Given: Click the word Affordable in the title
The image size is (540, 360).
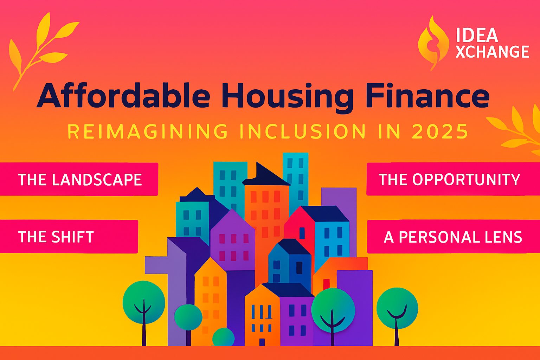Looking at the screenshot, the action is [x=123, y=95].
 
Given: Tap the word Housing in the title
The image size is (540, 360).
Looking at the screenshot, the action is [x=288, y=98].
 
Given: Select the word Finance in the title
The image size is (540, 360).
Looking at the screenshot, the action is [x=427, y=95].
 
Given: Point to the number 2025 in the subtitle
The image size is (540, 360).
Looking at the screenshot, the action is [x=440, y=131].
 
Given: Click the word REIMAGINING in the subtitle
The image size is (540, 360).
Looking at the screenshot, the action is [x=148, y=131].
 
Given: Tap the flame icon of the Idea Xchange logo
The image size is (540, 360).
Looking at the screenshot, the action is [x=434, y=43].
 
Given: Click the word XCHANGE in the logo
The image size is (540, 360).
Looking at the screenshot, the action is [x=493, y=52].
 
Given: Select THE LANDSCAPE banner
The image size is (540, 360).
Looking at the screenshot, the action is [x=79, y=179].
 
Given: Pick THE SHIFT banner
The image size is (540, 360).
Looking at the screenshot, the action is [x=69, y=237].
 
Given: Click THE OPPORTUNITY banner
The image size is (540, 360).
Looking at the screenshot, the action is [x=453, y=179].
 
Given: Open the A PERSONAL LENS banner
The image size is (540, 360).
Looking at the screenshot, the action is [x=454, y=237].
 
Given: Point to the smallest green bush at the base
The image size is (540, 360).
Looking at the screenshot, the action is [x=224, y=337].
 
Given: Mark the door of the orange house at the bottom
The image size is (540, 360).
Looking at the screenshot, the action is [x=262, y=342].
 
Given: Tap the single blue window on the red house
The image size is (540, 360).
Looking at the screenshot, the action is [x=302, y=233].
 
